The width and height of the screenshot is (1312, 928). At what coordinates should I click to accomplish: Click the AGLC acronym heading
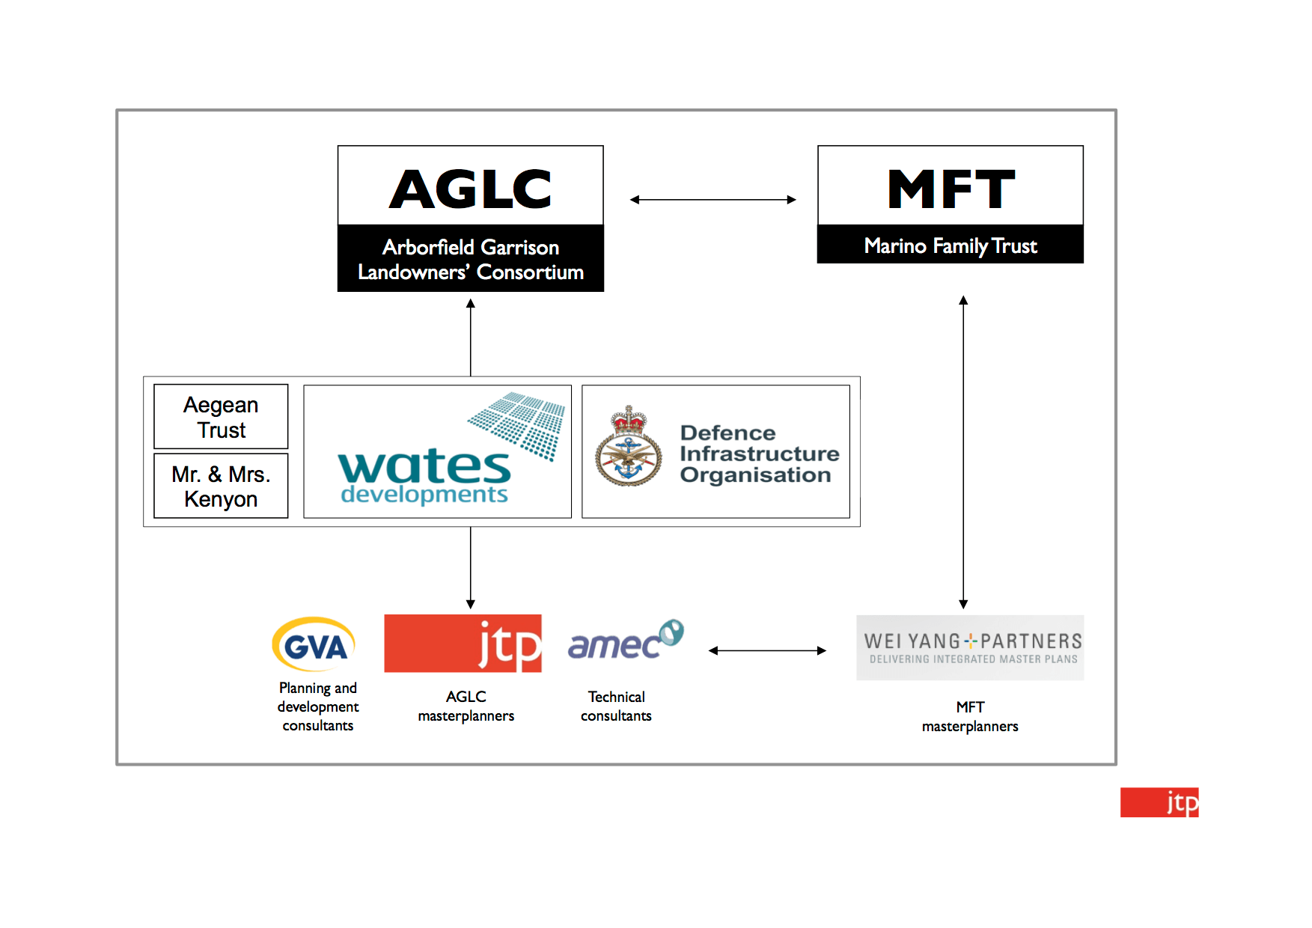pyautogui.click(x=471, y=189)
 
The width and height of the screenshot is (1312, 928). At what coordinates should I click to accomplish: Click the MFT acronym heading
pyautogui.click(x=951, y=189)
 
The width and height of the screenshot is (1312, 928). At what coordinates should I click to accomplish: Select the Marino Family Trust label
pyautogui.click(x=951, y=245)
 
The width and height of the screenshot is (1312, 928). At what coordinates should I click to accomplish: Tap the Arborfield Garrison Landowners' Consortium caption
pyautogui.click(x=471, y=259)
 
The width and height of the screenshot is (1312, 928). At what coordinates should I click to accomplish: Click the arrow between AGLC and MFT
pyautogui.click(x=713, y=200)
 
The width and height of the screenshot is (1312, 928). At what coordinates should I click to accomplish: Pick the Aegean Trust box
pyautogui.click(x=221, y=417)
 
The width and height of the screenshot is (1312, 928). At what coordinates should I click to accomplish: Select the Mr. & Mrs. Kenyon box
pyautogui.click(x=221, y=486)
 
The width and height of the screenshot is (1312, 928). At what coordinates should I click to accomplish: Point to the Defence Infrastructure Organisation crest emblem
pyautogui.click(x=629, y=447)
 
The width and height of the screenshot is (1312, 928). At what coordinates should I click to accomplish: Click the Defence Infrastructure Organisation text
pyautogui.click(x=759, y=454)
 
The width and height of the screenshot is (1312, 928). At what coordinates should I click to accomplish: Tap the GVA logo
pyautogui.click(x=314, y=644)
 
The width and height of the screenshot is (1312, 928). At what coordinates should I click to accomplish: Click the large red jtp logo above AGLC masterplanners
pyautogui.click(x=463, y=644)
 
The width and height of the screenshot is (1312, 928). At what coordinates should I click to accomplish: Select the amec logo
pyautogui.click(x=626, y=641)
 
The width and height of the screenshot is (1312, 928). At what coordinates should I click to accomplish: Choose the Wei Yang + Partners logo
pyautogui.click(x=970, y=647)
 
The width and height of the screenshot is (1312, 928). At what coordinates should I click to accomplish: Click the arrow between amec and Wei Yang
pyautogui.click(x=767, y=651)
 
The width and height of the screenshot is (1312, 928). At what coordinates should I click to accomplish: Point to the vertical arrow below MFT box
pyautogui.click(x=963, y=452)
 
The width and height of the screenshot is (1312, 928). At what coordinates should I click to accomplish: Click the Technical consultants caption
pyautogui.click(x=616, y=706)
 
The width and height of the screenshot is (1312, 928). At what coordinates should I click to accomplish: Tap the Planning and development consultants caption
pyautogui.click(x=318, y=706)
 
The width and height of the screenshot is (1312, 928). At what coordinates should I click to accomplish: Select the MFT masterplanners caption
pyautogui.click(x=970, y=717)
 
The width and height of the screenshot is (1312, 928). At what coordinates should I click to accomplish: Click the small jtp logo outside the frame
pyautogui.click(x=1159, y=802)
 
